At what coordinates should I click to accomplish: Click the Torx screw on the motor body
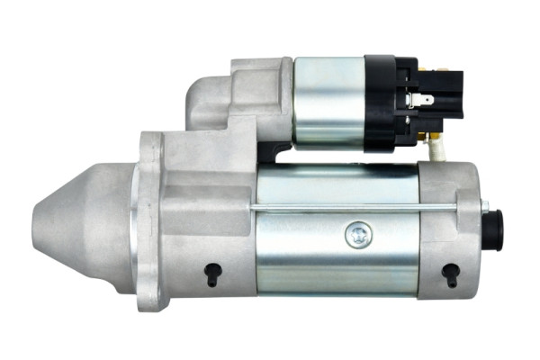point(356,236)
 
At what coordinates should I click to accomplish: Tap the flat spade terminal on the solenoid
point(422,100)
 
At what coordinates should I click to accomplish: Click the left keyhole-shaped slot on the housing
point(212,274)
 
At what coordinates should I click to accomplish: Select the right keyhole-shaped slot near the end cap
point(451,274)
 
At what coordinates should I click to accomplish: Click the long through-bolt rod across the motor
point(360,210)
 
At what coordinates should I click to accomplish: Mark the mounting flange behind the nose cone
point(150,220)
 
